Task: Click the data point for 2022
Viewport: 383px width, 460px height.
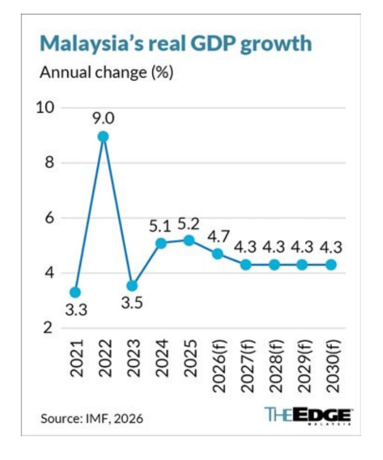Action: tap(103, 136)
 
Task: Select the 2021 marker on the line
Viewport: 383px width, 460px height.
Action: tap(75, 292)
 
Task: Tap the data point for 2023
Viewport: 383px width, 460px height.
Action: tap(132, 286)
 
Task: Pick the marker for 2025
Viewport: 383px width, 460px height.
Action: tap(189, 240)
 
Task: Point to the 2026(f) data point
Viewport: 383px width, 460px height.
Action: tap(218, 254)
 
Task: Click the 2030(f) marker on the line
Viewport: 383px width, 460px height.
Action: tap(331, 265)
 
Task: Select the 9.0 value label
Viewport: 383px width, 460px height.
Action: tap(103, 119)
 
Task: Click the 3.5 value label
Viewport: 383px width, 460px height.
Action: tap(132, 303)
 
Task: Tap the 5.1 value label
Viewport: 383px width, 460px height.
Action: tap(160, 227)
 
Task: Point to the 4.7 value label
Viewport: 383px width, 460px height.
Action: tap(218, 237)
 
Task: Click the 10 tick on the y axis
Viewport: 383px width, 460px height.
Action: tap(45, 107)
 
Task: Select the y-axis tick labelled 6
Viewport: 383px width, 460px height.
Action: tap(49, 218)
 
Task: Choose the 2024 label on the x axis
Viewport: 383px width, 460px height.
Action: tap(162, 358)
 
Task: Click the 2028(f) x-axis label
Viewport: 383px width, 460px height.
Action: tap(276, 366)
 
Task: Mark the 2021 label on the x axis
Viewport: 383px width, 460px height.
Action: tap(76, 358)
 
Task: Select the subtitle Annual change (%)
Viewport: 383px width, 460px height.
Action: tap(106, 72)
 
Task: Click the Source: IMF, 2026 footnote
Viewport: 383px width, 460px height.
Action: tap(92, 418)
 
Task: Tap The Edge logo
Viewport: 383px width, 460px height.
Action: tap(308, 416)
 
